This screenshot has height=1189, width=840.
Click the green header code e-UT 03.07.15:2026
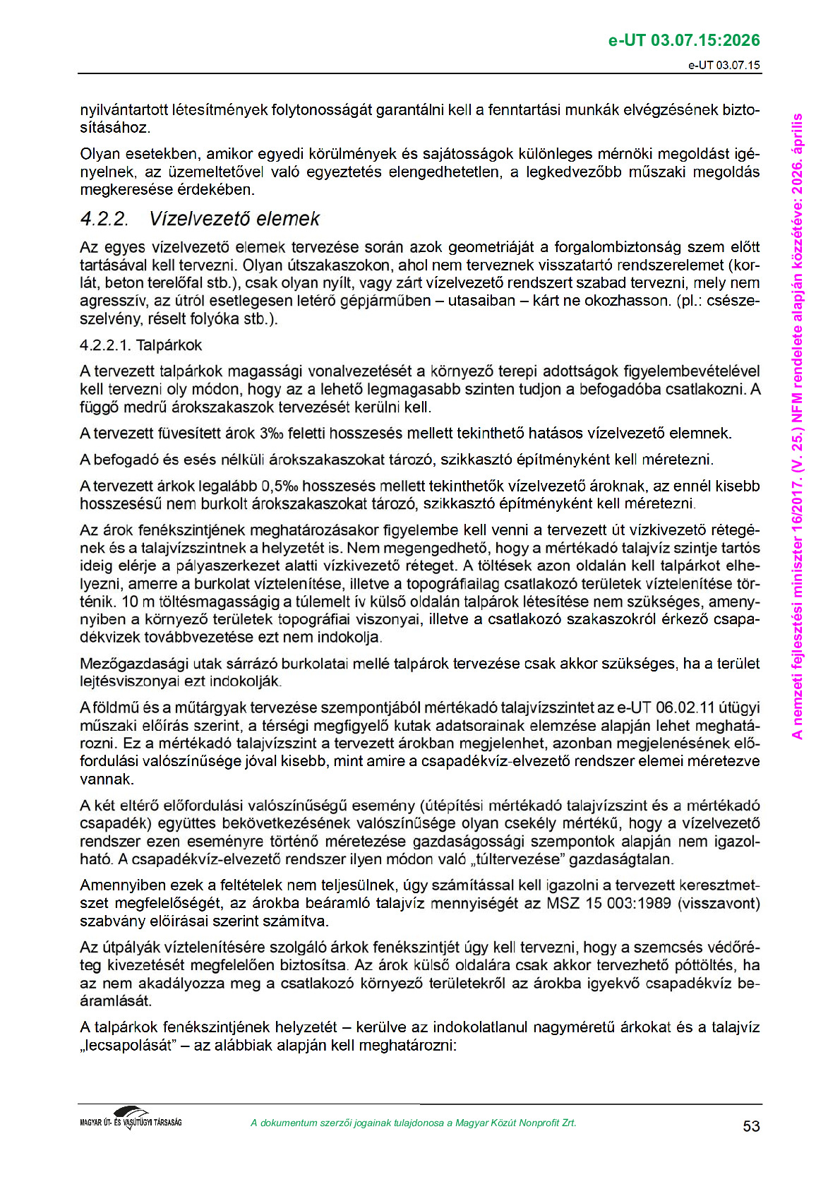tap(684, 40)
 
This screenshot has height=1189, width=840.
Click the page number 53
tap(751, 1126)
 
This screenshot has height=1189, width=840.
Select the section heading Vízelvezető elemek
tap(234, 219)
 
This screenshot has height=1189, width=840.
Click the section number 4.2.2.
tap(104, 219)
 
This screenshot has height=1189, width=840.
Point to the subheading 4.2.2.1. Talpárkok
tap(141, 345)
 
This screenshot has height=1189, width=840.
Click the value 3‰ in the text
tap(272, 433)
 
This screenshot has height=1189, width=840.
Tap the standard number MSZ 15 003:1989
tap(608, 903)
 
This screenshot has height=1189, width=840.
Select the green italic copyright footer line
tap(413, 1123)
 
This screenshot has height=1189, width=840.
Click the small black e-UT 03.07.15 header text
tap(724, 65)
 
